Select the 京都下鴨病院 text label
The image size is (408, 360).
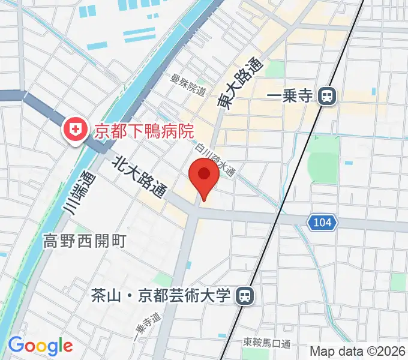pyautogui.click(x=146, y=131)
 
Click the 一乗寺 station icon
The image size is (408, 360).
pyautogui.click(x=327, y=95)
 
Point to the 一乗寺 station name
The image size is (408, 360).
pyautogui.click(x=290, y=95)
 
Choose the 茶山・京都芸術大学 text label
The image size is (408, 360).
pyautogui.click(x=161, y=295)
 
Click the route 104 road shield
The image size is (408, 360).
pyautogui.click(x=322, y=223)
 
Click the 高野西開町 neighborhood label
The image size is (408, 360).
pyautogui.click(x=84, y=241)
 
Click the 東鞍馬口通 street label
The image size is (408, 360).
pyautogui.click(x=266, y=343)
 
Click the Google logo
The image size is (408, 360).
pyautogui.click(x=40, y=346)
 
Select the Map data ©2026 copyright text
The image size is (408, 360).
pyautogui.click(x=358, y=350)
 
